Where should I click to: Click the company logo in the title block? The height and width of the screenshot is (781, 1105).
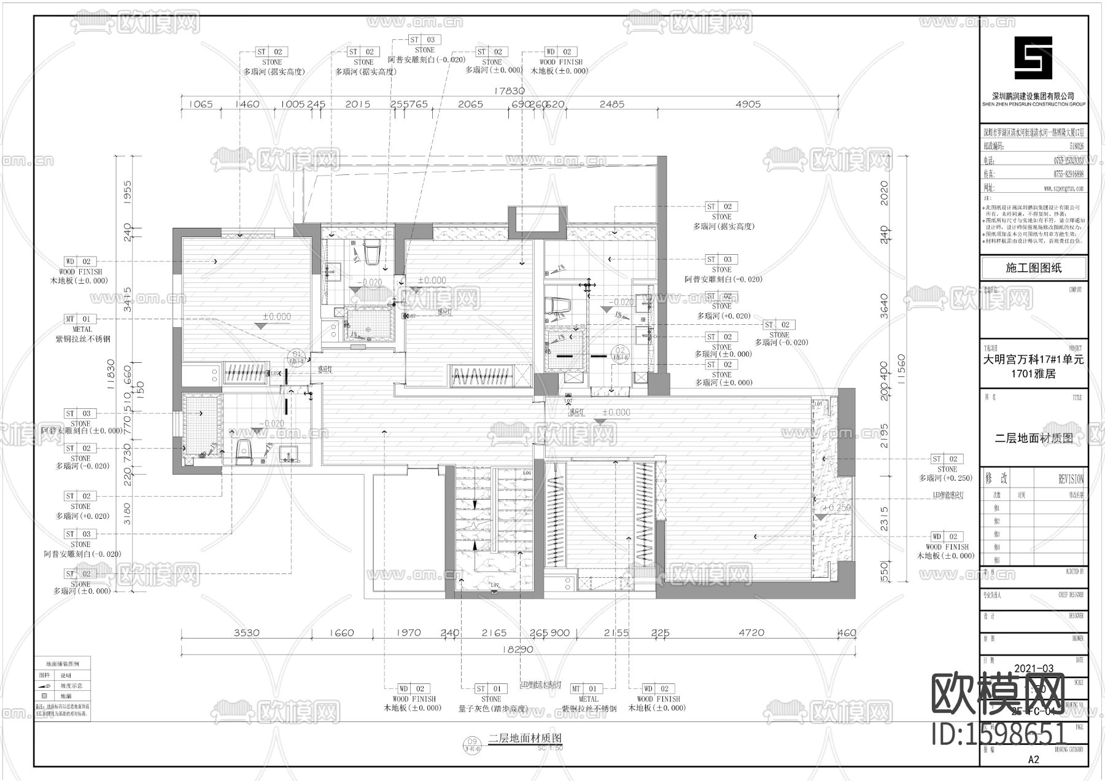click(1033, 58)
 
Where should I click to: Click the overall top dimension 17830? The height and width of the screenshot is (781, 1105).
click(509, 90)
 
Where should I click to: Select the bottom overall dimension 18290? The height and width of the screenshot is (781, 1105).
click(518, 648)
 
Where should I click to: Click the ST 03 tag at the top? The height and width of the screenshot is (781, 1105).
click(424, 40)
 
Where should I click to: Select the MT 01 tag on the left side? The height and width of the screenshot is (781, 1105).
click(79, 319)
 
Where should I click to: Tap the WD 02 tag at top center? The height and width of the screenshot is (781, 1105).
click(559, 52)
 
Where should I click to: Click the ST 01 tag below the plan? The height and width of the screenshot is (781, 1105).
click(490, 689)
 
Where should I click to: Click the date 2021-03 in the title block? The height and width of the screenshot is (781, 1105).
click(1034, 669)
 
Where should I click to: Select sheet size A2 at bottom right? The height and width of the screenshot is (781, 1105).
click(1033, 760)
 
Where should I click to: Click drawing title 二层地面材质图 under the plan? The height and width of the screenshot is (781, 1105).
click(525, 738)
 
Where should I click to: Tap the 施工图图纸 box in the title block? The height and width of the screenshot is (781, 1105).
click(1033, 268)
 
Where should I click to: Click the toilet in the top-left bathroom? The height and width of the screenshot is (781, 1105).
click(373, 252)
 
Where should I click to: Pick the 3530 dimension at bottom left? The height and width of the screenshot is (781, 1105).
click(246, 632)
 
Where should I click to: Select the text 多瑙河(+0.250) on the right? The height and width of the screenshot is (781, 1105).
click(946, 478)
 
